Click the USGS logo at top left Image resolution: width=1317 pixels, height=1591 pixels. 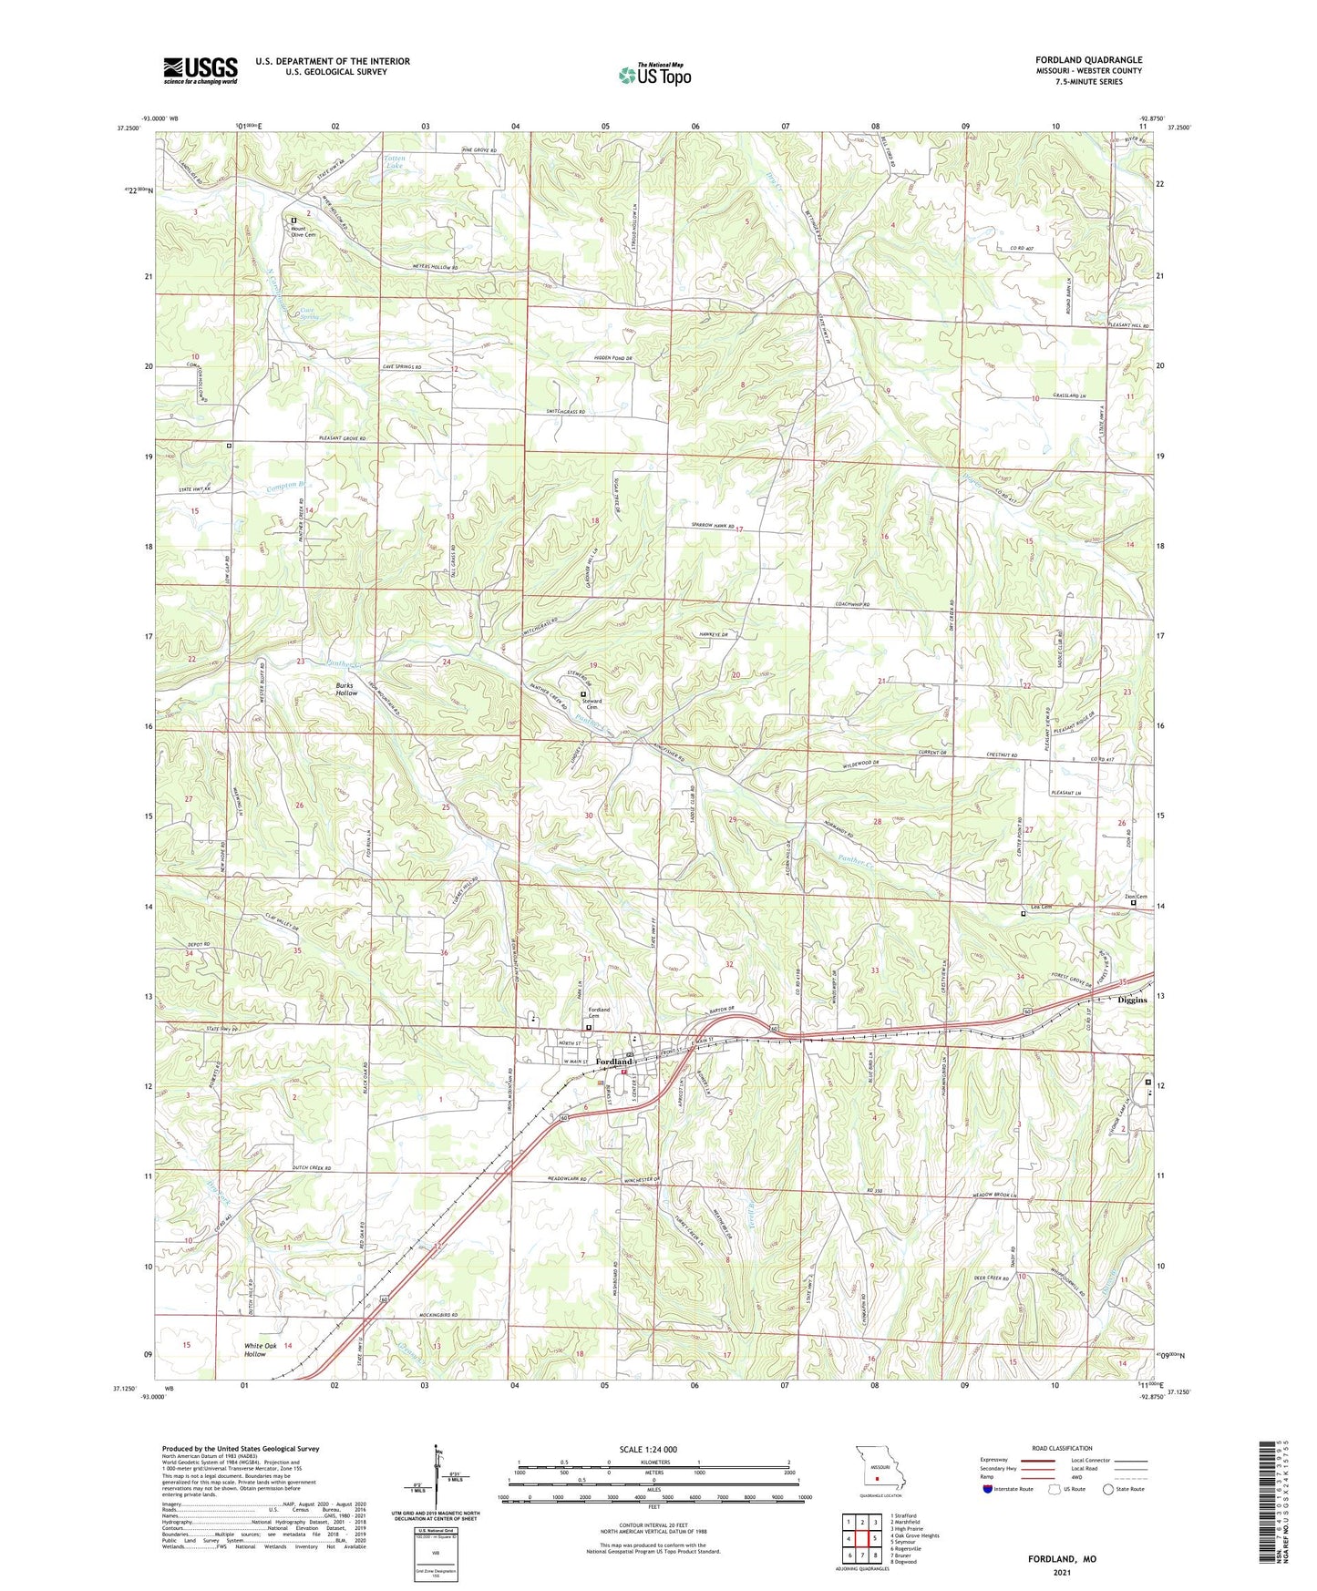coord(201,69)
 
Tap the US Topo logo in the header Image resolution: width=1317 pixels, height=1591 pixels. coord(654,75)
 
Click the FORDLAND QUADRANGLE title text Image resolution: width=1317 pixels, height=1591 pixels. coord(1088,60)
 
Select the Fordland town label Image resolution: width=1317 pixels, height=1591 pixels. coord(613,1062)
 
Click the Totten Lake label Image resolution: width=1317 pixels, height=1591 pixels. coord(394,162)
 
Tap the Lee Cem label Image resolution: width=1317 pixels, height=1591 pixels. coord(1040,907)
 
